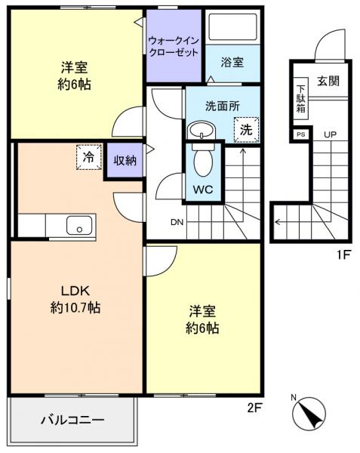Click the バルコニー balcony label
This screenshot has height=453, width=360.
click(72, 419)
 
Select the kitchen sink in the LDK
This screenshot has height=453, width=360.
click(78, 225)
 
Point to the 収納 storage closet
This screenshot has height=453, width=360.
click(125, 160)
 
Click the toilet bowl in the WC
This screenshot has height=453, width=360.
click(202, 161)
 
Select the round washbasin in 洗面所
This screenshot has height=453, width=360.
click(201, 131)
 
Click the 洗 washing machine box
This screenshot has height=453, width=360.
click(246, 129)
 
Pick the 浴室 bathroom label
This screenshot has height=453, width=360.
click(232, 63)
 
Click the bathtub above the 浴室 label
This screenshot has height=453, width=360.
click(232, 29)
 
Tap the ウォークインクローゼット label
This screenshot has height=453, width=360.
click(174, 47)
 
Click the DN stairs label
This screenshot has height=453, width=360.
click(177, 222)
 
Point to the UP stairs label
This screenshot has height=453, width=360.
click(331, 134)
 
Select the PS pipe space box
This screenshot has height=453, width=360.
click(301, 134)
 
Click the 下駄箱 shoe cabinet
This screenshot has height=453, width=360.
click(301, 97)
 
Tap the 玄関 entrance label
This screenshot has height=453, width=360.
click(328, 81)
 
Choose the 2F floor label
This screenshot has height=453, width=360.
click(254, 408)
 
